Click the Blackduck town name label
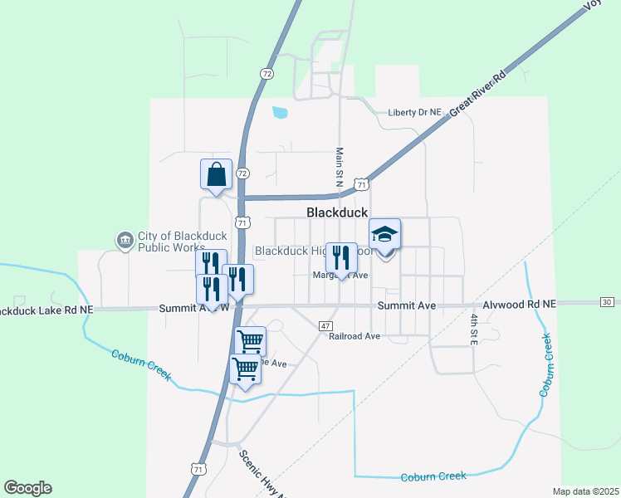(337, 212)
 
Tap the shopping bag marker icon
(216, 175)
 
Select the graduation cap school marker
(384, 234)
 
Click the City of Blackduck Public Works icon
(125, 241)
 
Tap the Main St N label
(339, 166)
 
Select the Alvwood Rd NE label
(526, 305)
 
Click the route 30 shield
(607, 301)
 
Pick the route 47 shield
(325, 325)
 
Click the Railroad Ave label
(354, 336)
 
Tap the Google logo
(27, 488)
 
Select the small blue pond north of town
(280, 112)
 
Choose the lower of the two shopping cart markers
(246, 368)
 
